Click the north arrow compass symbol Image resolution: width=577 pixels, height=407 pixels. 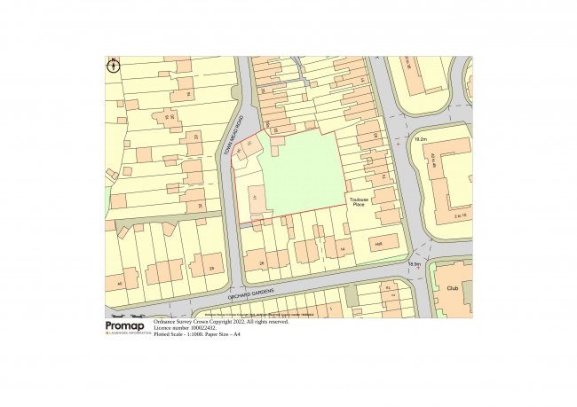113,65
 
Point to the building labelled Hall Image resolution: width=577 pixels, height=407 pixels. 377,244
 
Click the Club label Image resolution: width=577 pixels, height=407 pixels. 452,287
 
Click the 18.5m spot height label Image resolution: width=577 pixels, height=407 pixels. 413,263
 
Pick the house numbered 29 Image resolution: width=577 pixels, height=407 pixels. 211,268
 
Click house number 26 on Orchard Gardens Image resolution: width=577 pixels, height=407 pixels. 262,262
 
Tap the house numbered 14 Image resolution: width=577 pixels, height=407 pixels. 342,251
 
